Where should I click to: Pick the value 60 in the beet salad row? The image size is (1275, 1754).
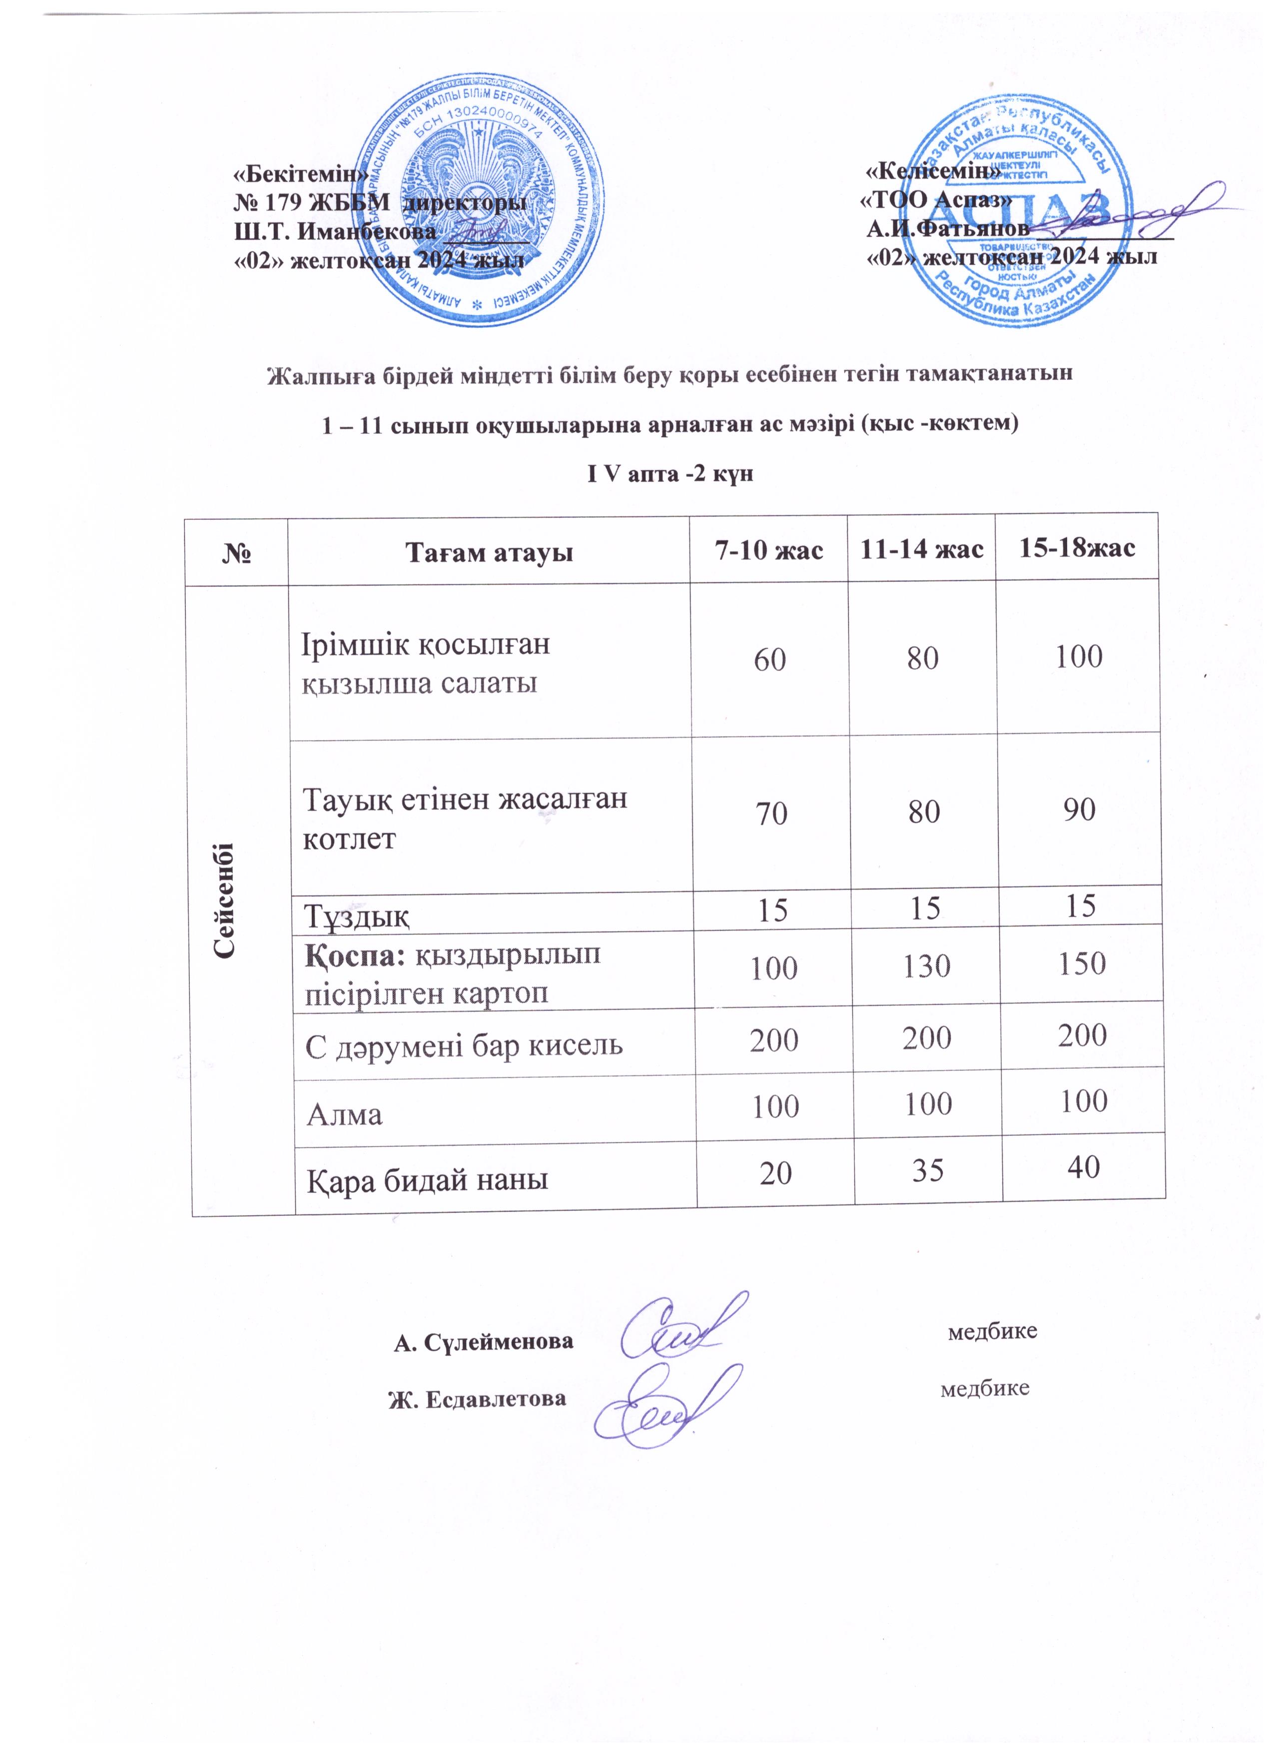(769, 660)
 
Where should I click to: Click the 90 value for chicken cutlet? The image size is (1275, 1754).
(1079, 810)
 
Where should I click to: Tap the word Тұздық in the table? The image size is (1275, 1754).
(356, 915)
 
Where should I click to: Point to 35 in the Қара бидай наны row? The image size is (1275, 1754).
(927, 1171)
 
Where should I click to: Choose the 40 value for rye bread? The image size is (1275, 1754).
(1083, 1167)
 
